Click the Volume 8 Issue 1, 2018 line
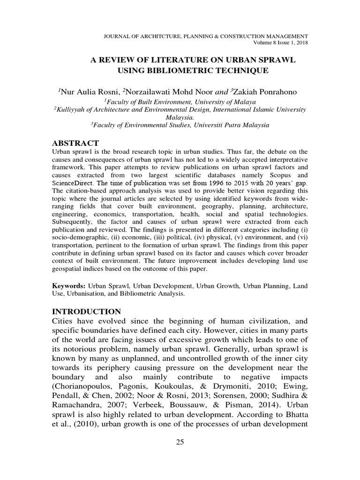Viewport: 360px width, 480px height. click(280, 43)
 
